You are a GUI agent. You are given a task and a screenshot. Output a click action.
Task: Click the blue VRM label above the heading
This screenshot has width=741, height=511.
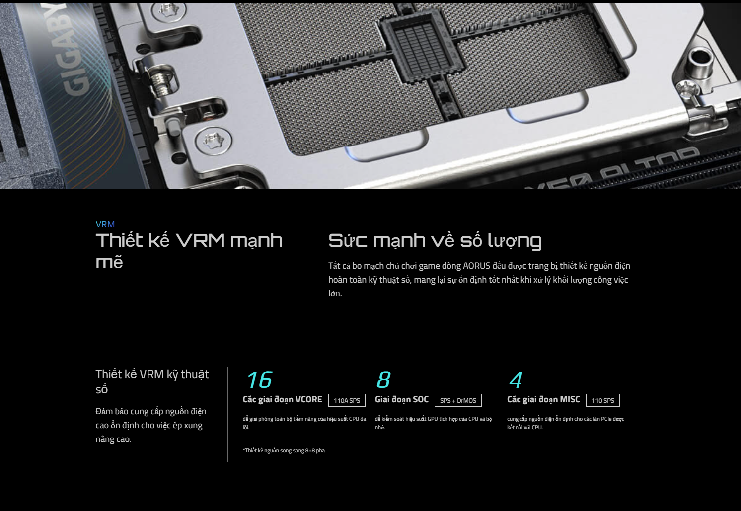click(x=105, y=224)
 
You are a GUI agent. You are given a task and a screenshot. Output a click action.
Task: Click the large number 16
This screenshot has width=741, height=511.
click(x=259, y=380)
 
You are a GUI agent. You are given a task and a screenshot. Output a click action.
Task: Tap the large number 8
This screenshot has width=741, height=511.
click(x=383, y=380)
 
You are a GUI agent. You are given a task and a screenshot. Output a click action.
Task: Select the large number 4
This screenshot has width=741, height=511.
click(x=516, y=380)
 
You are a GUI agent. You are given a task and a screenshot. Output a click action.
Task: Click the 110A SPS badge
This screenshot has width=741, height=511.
click(x=347, y=400)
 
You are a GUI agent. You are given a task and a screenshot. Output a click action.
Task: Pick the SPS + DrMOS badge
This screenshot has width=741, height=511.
click(x=458, y=400)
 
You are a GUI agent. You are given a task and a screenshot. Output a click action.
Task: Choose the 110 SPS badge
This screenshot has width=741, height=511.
click(x=603, y=400)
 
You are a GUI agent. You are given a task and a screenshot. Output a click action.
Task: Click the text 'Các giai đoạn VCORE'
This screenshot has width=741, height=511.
click(x=282, y=400)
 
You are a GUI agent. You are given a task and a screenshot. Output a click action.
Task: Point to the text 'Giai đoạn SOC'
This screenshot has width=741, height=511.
click(x=402, y=400)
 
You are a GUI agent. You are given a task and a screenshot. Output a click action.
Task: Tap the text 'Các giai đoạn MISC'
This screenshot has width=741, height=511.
click(x=543, y=400)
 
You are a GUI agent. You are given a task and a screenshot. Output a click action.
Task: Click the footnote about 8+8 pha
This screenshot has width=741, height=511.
click(x=284, y=450)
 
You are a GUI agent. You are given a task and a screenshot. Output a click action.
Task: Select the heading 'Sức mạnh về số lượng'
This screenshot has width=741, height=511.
click(x=435, y=241)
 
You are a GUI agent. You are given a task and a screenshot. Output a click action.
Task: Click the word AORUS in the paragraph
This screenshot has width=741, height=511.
click(x=476, y=266)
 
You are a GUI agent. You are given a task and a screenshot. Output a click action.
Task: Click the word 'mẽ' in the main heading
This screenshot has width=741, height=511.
click(x=109, y=262)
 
